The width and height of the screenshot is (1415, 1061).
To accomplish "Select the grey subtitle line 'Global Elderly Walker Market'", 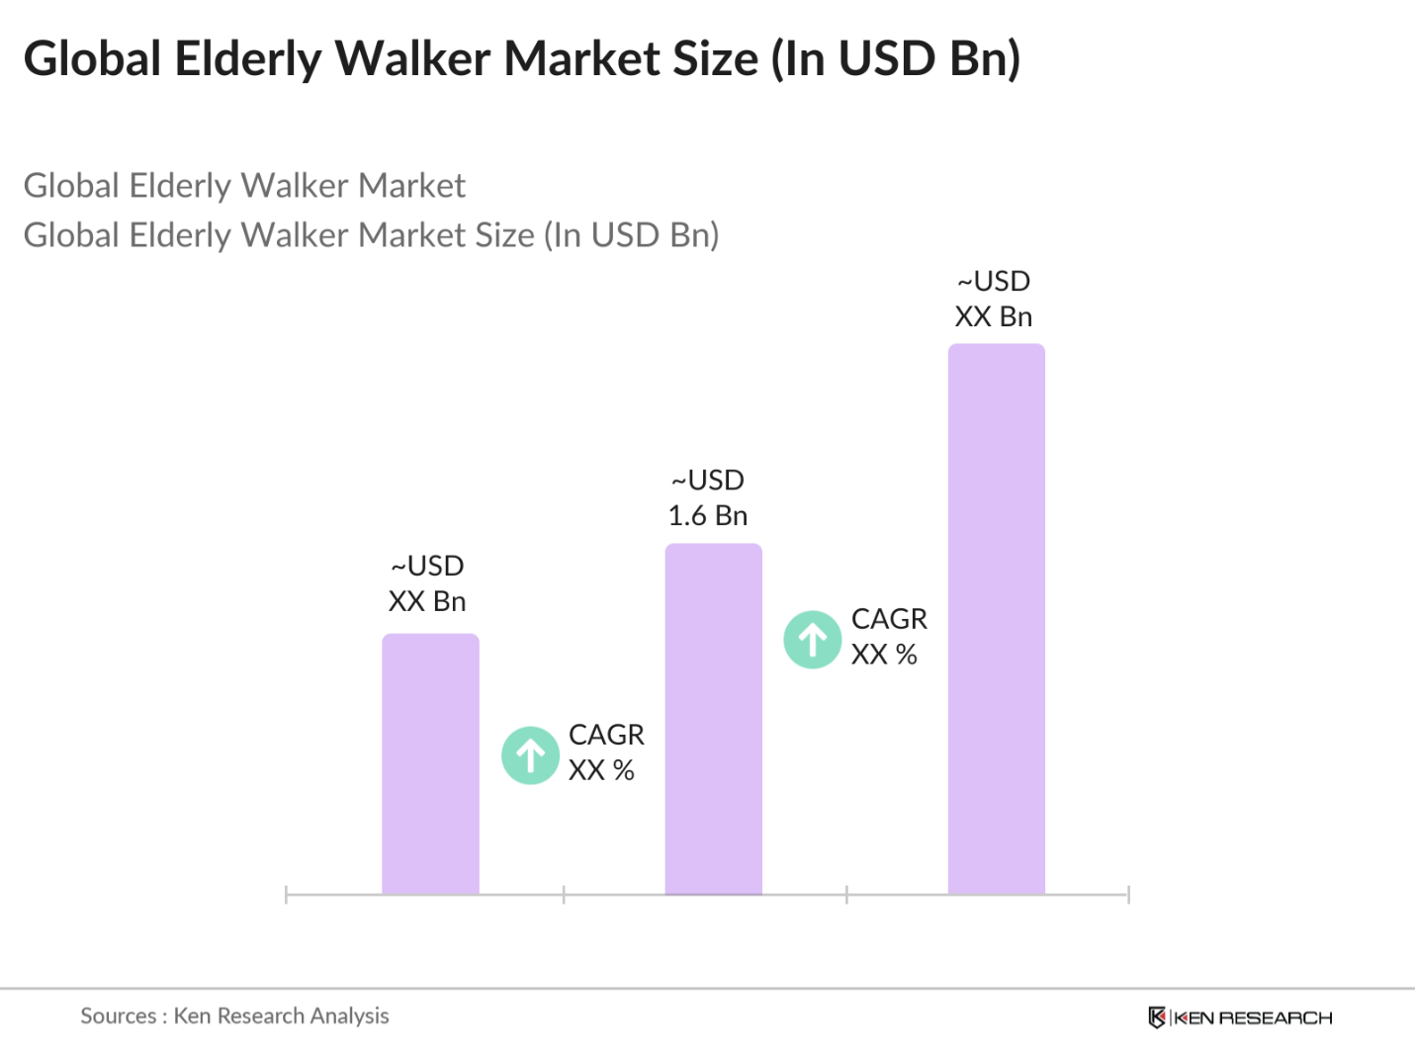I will [x=244, y=186].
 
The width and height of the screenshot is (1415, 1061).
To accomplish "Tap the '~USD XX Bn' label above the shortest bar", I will [x=427, y=583].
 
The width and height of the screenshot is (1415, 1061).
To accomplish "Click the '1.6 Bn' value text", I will [x=707, y=516].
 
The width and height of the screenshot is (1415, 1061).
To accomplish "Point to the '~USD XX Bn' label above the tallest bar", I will [x=994, y=300].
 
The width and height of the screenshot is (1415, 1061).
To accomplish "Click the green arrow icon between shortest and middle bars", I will [x=531, y=755].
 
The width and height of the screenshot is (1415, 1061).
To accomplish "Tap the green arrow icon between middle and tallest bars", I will [x=813, y=640].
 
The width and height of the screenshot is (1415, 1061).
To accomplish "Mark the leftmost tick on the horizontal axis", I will [x=286, y=895].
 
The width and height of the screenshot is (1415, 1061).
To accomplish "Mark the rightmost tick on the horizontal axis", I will [x=1128, y=895].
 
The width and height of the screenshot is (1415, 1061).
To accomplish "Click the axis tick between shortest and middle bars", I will [x=564, y=895].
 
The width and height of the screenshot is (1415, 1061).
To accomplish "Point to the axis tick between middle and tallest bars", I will [x=846, y=895].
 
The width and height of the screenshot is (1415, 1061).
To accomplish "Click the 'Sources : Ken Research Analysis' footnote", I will [x=234, y=1016].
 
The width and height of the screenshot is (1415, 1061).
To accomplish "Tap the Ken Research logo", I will [x=1240, y=1017].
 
